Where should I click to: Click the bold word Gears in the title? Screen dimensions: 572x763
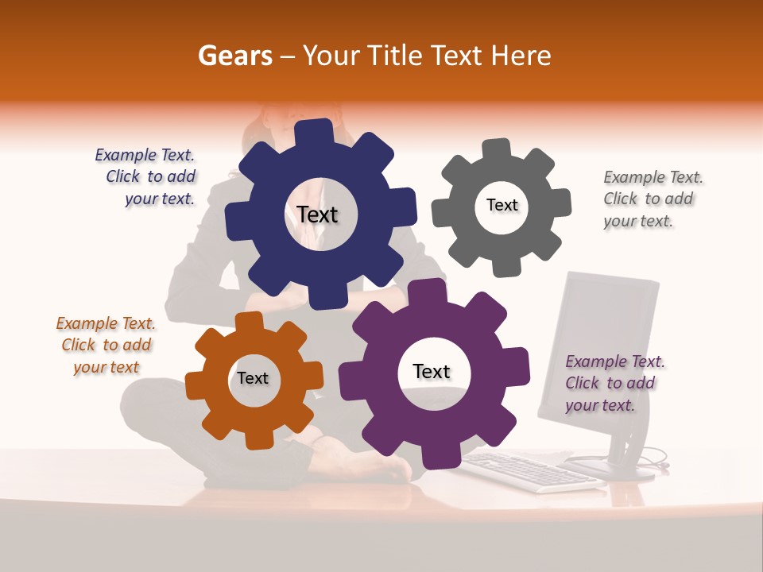(x=234, y=56)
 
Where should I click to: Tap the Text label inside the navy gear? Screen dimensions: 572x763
(x=317, y=214)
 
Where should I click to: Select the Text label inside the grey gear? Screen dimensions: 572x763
(x=502, y=205)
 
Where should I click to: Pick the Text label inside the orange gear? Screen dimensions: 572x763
(x=253, y=378)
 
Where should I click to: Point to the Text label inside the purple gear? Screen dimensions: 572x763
(x=432, y=372)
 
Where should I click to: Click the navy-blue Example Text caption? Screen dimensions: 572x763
(x=146, y=177)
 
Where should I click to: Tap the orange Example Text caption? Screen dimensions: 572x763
(x=106, y=346)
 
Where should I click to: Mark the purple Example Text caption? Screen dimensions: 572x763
(x=614, y=383)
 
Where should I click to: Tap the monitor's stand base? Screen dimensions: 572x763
(x=612, y=468)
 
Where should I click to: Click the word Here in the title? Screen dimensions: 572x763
(x=521, y=56)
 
